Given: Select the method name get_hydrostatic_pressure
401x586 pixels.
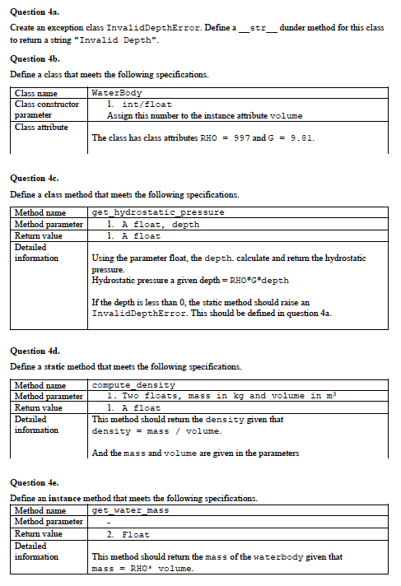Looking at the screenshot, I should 158,212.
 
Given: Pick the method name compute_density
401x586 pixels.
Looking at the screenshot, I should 133,385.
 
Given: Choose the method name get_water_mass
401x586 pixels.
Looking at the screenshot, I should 130,511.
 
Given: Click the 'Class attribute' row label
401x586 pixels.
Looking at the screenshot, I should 41,127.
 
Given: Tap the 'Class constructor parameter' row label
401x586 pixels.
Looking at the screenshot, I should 47,109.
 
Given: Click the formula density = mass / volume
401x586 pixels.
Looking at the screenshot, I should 156,431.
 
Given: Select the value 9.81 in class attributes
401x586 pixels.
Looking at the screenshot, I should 301,138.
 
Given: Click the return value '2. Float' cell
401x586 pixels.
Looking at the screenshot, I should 130,535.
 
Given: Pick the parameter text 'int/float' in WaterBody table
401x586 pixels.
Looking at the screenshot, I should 143,105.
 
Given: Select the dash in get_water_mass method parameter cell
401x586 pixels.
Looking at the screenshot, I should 109,523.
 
